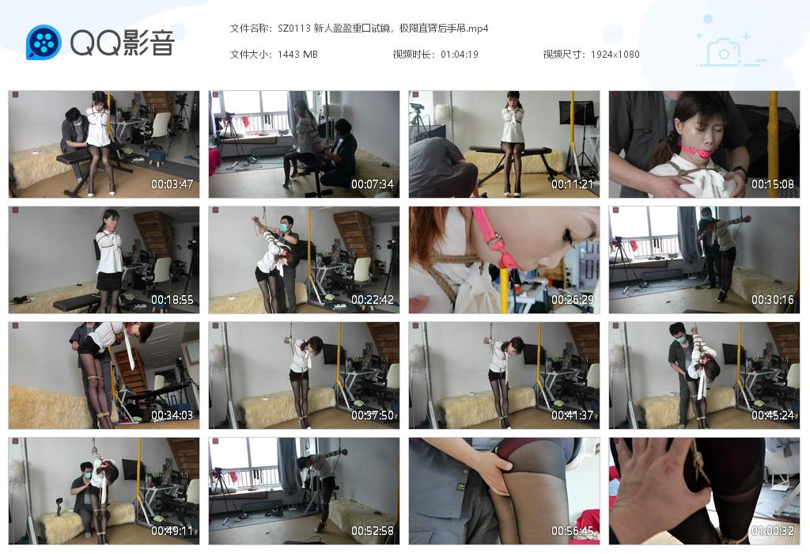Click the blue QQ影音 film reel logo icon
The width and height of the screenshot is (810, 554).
44,43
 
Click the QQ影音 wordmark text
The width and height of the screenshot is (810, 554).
122,43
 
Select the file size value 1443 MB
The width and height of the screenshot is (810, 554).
297,55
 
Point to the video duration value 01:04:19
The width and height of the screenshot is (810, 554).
459,55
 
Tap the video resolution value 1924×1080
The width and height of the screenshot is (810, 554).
615,55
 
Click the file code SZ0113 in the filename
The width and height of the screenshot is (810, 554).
293,28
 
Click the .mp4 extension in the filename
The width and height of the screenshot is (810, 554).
476,28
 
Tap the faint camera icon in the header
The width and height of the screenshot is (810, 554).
723,52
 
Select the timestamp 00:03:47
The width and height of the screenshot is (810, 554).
172,184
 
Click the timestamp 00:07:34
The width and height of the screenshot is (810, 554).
373,184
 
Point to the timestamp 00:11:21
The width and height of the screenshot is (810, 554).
573,184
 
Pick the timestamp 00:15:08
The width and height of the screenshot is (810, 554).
773,184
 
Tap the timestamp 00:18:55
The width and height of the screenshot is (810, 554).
172,300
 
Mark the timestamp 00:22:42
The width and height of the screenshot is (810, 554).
373,300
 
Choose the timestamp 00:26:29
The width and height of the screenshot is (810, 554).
573,300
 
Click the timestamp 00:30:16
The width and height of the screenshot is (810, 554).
773,300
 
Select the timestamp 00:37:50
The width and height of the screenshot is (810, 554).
373,415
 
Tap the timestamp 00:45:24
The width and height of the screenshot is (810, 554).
773,415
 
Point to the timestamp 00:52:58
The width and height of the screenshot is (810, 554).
373,531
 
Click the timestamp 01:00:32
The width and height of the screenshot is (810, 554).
773,531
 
